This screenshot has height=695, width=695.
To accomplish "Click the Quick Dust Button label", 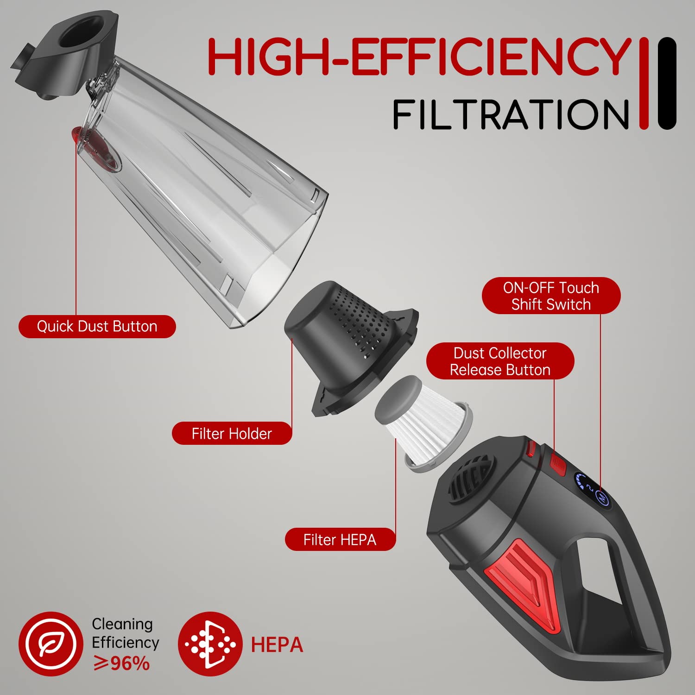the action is tap(97, 326).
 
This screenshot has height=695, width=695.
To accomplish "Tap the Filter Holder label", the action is tap(232, 434).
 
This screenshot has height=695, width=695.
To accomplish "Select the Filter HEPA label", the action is tap(340, 540).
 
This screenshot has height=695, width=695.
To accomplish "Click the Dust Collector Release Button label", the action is tap(500, 361).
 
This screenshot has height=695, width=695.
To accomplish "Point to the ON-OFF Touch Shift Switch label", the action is tap(551, 296).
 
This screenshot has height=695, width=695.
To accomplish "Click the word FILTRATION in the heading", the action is tap(511, 114).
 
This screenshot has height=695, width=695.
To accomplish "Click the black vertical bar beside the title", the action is tap(667, 83).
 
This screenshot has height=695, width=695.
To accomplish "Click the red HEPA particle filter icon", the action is tap(210, 644).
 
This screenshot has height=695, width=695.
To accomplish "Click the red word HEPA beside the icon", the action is tap(277, 645).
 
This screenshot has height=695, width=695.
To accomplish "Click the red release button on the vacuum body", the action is tap(558, 465).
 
